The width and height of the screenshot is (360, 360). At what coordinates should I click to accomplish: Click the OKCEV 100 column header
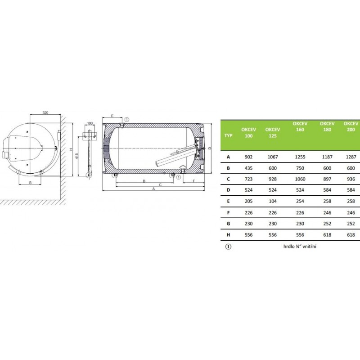click(248, 133)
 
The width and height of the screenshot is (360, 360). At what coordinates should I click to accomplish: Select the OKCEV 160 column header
click(300, 126)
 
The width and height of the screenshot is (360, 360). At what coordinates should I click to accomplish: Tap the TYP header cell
click(228, 135)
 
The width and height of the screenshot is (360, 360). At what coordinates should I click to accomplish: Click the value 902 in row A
click(248, 157)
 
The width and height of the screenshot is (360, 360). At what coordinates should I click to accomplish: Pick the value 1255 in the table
click(300, 157)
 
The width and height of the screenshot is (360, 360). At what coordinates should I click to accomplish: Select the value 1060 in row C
click(300, 179)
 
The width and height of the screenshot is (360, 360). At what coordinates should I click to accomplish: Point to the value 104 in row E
click(273, 201)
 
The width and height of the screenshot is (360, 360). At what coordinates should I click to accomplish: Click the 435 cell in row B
click(248, 168)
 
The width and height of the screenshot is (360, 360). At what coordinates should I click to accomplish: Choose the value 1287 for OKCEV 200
click(351, 157)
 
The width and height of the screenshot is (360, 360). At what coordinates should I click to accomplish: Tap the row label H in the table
click(228, 235)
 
